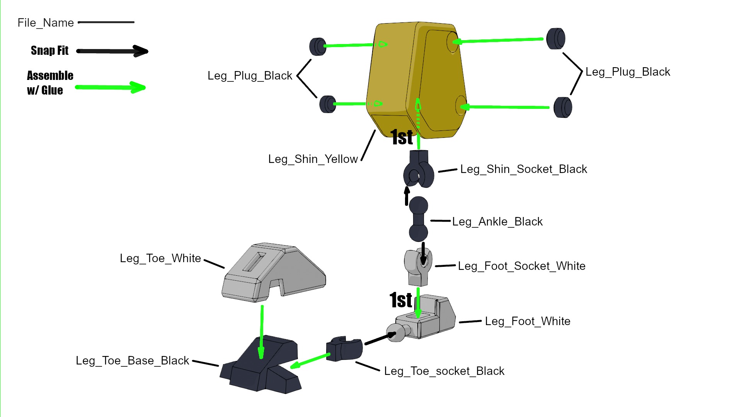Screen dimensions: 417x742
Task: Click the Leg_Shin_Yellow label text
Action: tap(313, 159)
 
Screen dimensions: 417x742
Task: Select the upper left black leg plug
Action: tap(318, 46)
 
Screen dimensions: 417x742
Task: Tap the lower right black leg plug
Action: tap(563, 107)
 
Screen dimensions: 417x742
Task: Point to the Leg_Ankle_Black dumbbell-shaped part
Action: tap(419, 219)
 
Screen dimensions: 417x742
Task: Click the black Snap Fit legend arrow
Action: tap(112, 51)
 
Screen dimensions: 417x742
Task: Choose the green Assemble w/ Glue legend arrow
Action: tap(110, 87)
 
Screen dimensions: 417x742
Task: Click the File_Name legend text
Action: tap(46, 23)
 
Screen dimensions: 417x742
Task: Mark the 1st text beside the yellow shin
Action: tap(402, 137)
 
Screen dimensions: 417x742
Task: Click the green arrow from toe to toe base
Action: tap(262, 332)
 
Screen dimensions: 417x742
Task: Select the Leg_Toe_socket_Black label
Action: tap(444, 371)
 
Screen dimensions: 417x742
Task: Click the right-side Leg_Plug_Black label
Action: tap(628, 72)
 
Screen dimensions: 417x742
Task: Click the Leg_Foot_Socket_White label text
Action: tap(521, 266)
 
